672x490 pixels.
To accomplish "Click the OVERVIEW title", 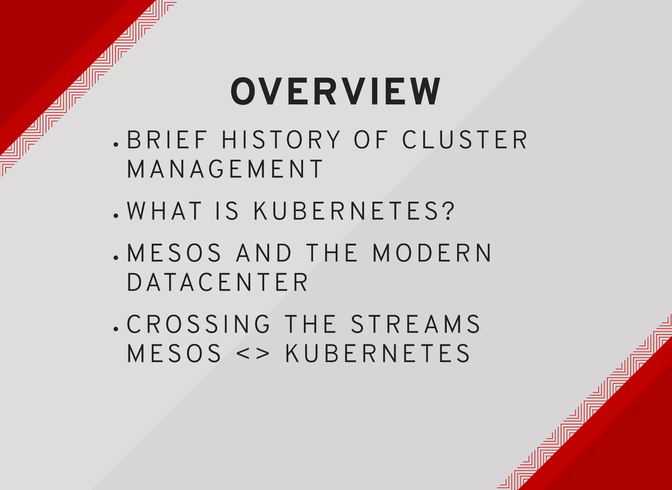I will point(335,92).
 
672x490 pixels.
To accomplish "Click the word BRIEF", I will point(167,140).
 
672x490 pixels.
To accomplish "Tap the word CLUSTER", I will point(465,140).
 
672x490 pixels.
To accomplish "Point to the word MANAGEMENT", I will point(225,169).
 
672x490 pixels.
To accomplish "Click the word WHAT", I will point(164,211).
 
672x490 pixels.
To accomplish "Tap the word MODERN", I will point(432,253).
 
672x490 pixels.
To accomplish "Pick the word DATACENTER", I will point(217,282).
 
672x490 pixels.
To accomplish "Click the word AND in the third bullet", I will point(264,253).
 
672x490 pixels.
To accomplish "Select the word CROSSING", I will point(199,324).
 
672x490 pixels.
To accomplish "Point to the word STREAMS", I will point(415,324).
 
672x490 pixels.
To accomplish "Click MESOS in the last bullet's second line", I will point(174,354).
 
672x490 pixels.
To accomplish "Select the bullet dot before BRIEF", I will point(115,144).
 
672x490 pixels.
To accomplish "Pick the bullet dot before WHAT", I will point(115,216).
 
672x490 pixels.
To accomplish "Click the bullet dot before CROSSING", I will point(115,329).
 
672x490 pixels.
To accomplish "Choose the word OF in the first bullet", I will point(370,140).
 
